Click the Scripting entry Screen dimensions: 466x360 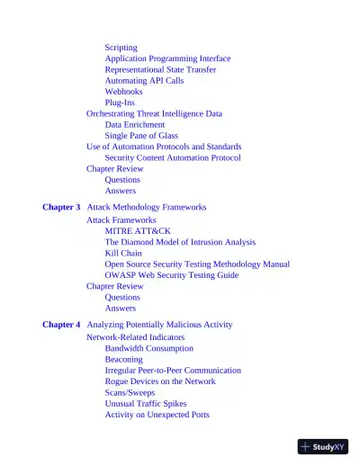click(121, 47)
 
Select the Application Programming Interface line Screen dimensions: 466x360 click(167, 58)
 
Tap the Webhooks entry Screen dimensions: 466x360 click(123, 92)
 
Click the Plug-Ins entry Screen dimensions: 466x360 click(121, 103)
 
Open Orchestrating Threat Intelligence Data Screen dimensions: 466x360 click(154, 114)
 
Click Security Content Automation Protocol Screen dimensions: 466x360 click(173, 157)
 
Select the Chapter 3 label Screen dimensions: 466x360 click(61, 207)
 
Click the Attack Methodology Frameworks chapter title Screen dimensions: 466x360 click(147, 207)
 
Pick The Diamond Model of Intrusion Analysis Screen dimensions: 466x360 click(180, 242)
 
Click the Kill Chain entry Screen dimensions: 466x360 click(123, 254)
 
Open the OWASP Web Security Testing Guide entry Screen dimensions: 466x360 click(172, 275)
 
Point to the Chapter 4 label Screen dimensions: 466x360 click(61, 324)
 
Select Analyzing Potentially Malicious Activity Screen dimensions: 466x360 click(159, 324)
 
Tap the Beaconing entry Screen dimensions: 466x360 click(123, 359)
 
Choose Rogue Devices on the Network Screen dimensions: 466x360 click(160, 381)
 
